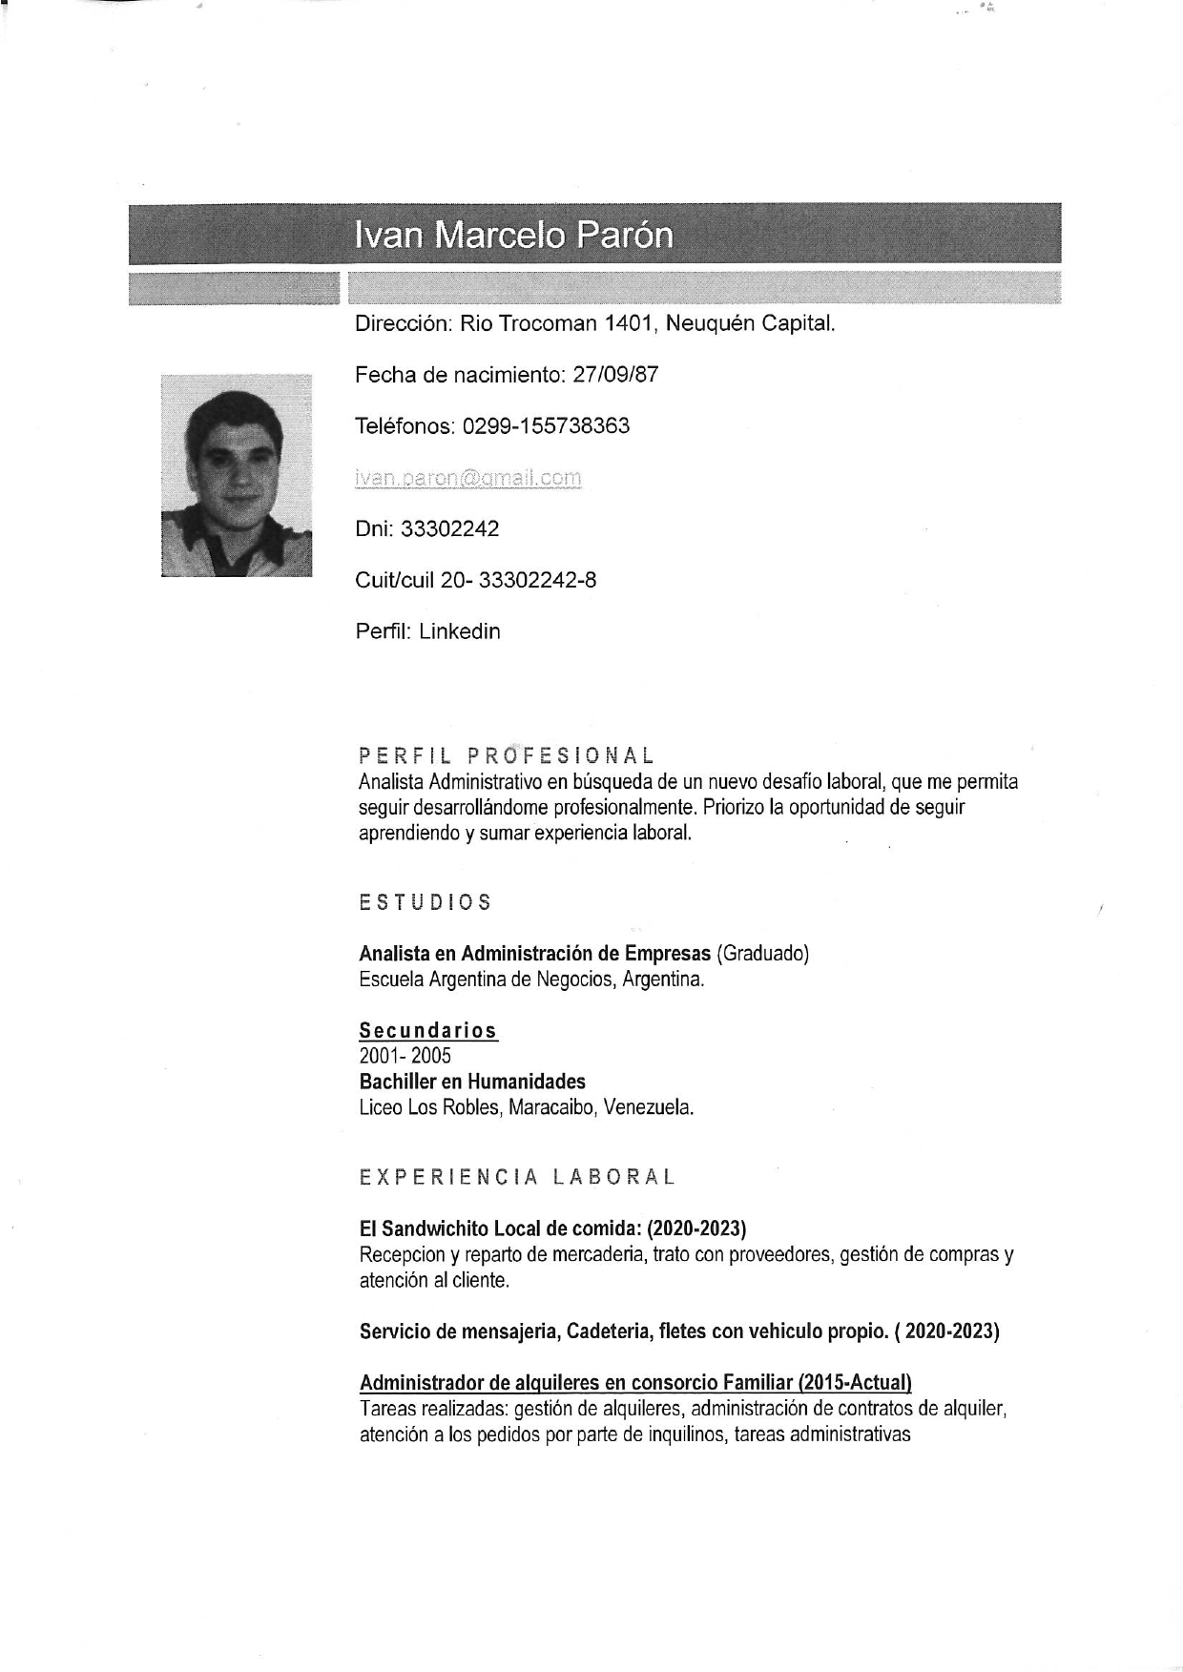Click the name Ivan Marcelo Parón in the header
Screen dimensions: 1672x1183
(x=513, y=235)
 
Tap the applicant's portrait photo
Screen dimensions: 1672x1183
(x=237, y=475)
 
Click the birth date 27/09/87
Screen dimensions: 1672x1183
(x=615, y=375)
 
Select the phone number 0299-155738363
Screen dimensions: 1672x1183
(x=546, y=425)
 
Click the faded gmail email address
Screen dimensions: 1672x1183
(x=467, y=477)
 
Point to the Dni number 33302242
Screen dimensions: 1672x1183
(x=449, y=528)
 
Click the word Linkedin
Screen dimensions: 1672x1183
(x=460, y=631)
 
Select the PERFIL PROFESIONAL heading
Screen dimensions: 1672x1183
(x=507, y=756)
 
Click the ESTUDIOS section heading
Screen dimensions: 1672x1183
(x=425, y=902)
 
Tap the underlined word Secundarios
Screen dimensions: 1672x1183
(x=428, y=1030)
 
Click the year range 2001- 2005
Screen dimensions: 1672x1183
(x=405, y=1056)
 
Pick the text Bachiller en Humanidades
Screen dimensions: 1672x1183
(x=472, y=1082)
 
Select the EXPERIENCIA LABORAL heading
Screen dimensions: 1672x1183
(x=517, y=1177)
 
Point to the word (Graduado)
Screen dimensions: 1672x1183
(x=763, y=953)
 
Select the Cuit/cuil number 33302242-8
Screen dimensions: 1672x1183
(x=537, y=580)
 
